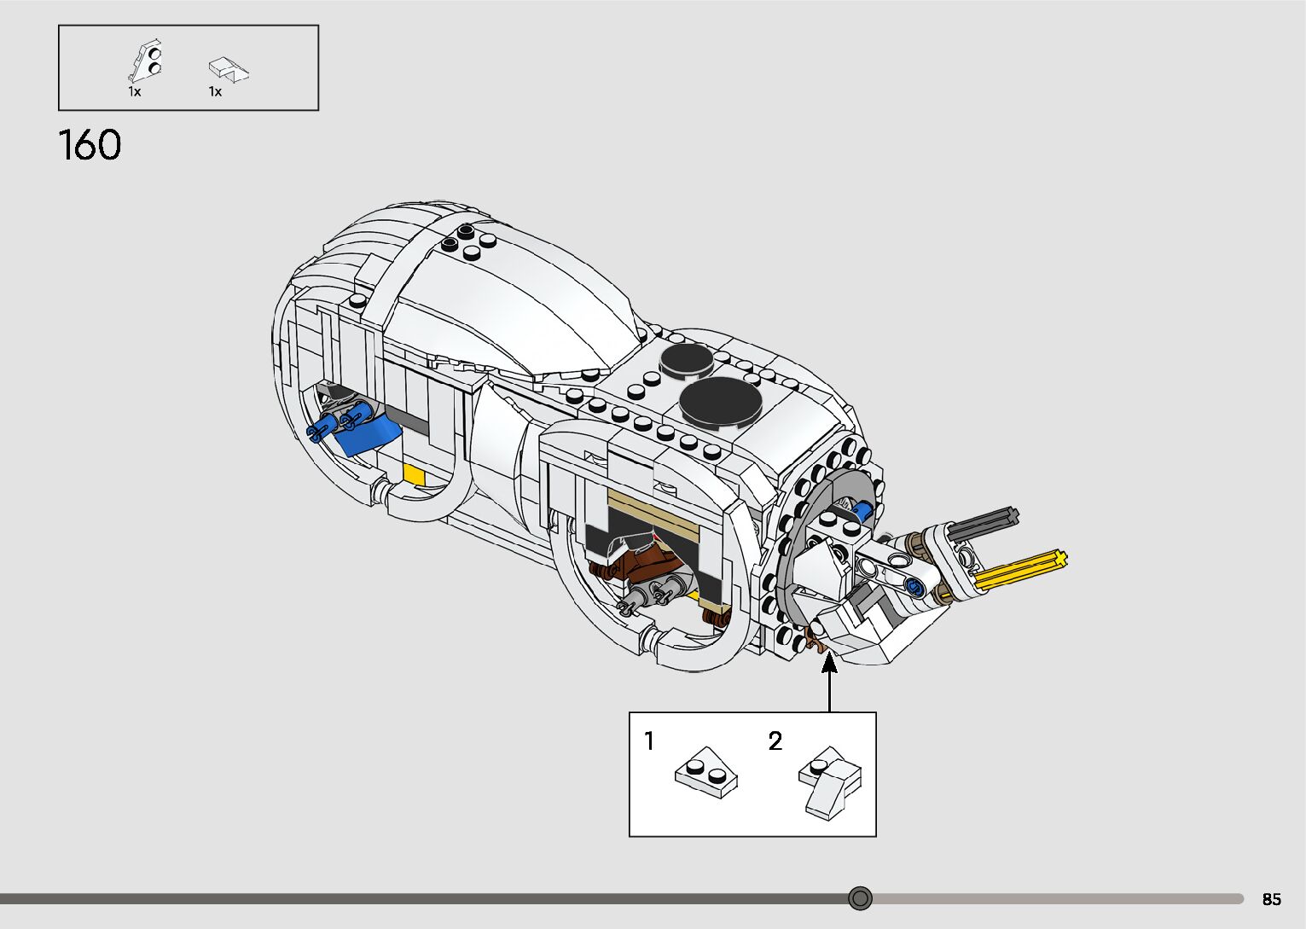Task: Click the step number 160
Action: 90,145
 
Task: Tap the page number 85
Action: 1271,899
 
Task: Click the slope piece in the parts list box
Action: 228,69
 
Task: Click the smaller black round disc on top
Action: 687,360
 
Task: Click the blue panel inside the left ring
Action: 367,437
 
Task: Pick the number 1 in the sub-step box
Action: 649,740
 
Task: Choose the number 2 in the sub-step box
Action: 775,740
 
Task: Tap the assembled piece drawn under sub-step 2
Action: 831,781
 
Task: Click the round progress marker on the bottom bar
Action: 861,898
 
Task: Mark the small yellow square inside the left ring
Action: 414,474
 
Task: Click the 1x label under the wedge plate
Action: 135,91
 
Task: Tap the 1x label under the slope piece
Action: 215,91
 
